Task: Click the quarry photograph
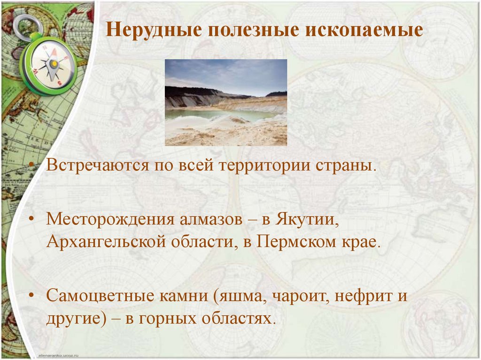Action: point(225,102)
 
